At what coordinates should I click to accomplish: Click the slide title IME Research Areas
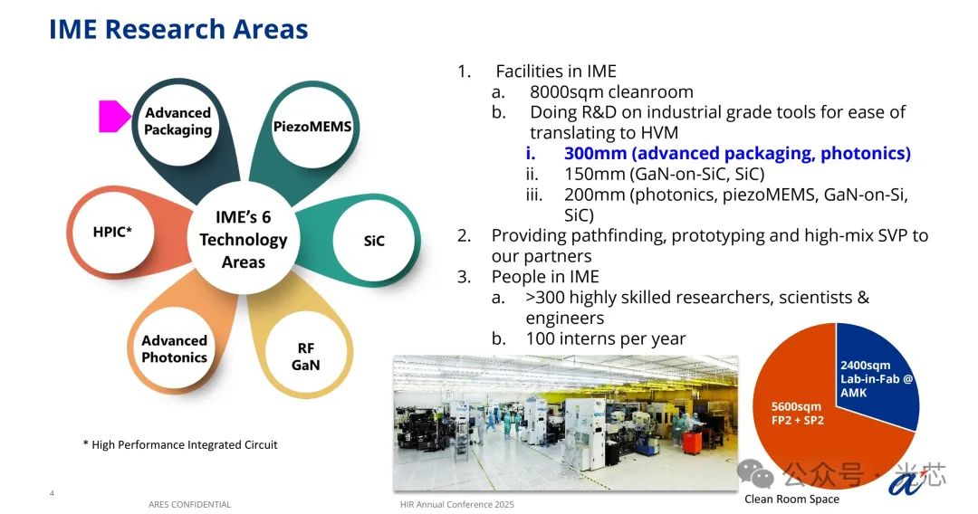click(178, 29)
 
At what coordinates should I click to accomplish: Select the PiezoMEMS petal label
click(312, 127)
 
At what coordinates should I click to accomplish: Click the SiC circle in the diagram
click(374, 241)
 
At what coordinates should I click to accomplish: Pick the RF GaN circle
click(306, 356)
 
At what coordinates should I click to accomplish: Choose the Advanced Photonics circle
click(174, 349)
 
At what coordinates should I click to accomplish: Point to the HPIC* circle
click(113, 233)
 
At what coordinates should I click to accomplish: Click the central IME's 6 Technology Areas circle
click(243, 240)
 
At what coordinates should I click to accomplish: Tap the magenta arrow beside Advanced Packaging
click(115, 116)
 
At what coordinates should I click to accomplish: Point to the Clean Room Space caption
click(791, 499)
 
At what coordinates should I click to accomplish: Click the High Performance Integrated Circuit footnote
click(180, 445)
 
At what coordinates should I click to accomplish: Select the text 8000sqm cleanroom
click(611, 92)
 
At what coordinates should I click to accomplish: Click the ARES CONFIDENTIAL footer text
click(189, 505)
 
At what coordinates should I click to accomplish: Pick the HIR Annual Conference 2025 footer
click(457, 505)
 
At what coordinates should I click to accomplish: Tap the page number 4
click(52, 493)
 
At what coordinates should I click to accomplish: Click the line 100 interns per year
click(606, 338)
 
